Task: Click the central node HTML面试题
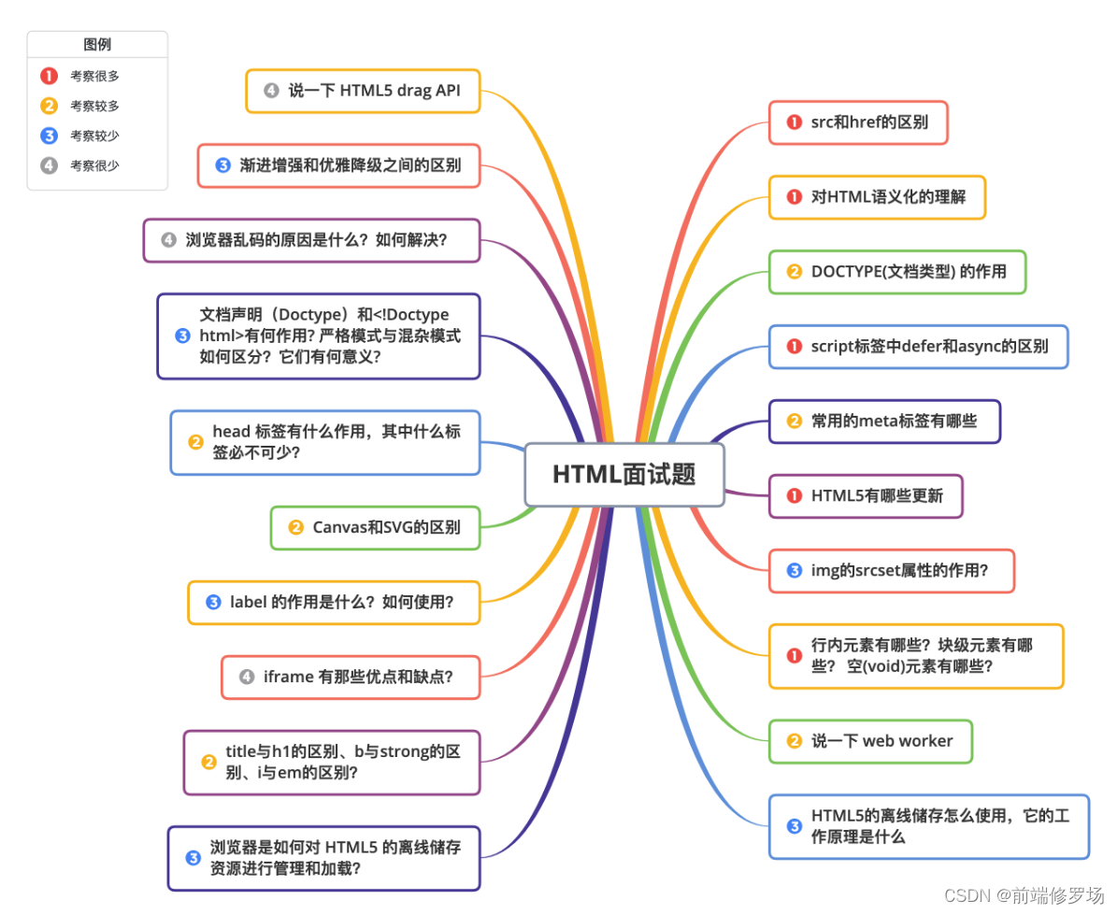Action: [x=623, y=475]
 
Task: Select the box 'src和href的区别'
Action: [x=858, y=122]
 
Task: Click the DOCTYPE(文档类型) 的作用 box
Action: [x=896, y=272]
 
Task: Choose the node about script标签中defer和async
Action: [x=918, y=347]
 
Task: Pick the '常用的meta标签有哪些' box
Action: [x=884, y=421]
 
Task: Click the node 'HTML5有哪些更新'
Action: [x=865, y=496]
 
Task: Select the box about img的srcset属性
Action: [x=891, y=571]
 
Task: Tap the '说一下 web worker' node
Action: [x=870, y=741]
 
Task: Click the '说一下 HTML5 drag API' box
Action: [x=363, y=91]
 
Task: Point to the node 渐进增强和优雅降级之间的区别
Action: [x=338, y=165]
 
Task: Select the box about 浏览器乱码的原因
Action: [x=311, y=240]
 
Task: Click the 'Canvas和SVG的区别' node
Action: [x=375, y=527]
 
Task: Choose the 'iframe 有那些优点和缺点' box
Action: [x=351, y=677]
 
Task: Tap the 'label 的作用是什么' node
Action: [x=334, y=602]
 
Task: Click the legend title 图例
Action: [x=97, y=44]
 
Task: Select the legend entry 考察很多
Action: [x=94, y=77]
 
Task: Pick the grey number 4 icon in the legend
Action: [x=49, y=165]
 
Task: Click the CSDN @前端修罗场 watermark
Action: [x=1024, y=895]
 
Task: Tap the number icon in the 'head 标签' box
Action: [x=196, y=442]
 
